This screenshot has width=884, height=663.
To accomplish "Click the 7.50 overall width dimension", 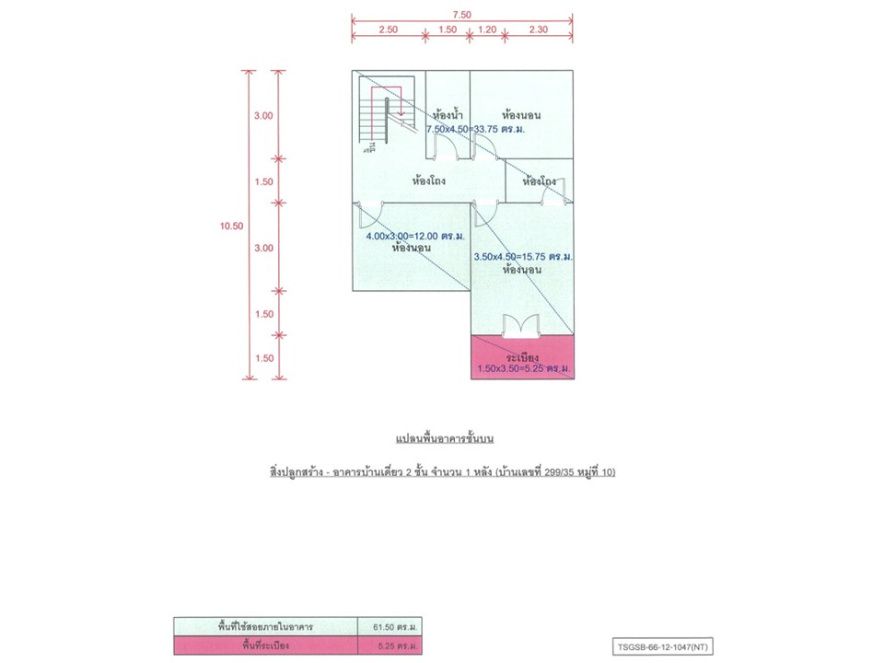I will (x=461, y=15).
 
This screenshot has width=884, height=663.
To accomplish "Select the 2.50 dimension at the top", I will (x=388, y=29).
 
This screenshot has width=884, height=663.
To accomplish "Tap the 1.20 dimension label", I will (x=487, y=29).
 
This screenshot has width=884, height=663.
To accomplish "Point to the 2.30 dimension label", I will (x=539, y=29).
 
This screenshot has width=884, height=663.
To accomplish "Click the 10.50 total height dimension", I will (x=232, y=226).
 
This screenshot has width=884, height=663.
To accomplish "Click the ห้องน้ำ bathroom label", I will (x=447, y=115).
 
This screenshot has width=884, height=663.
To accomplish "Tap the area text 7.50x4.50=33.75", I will (x=474, y=130).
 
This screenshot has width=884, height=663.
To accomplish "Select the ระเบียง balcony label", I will (x=522, y=355).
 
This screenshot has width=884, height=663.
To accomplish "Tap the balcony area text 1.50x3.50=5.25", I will (x=522, y=369).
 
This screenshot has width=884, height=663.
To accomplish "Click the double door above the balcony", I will (x=521, y=325).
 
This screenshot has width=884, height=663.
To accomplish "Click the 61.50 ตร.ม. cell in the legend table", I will (x=390, y=626).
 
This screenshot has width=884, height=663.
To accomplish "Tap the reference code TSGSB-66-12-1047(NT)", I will (x=662, y=646).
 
